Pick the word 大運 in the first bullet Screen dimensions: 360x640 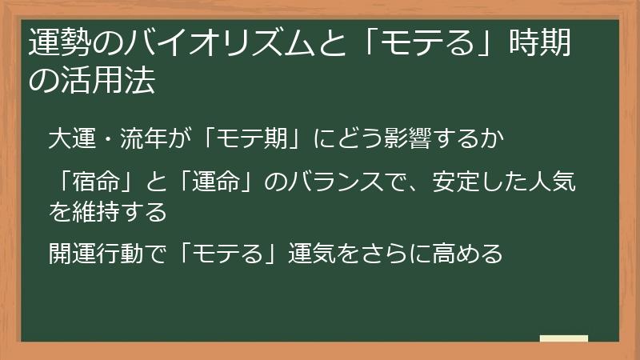71,139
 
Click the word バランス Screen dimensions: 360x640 340,186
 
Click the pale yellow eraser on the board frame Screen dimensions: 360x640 564,338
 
